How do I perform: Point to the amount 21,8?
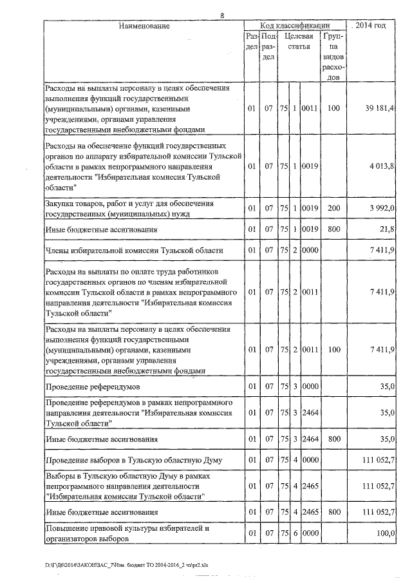(388, 229)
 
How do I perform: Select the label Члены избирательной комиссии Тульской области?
(132, 250)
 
